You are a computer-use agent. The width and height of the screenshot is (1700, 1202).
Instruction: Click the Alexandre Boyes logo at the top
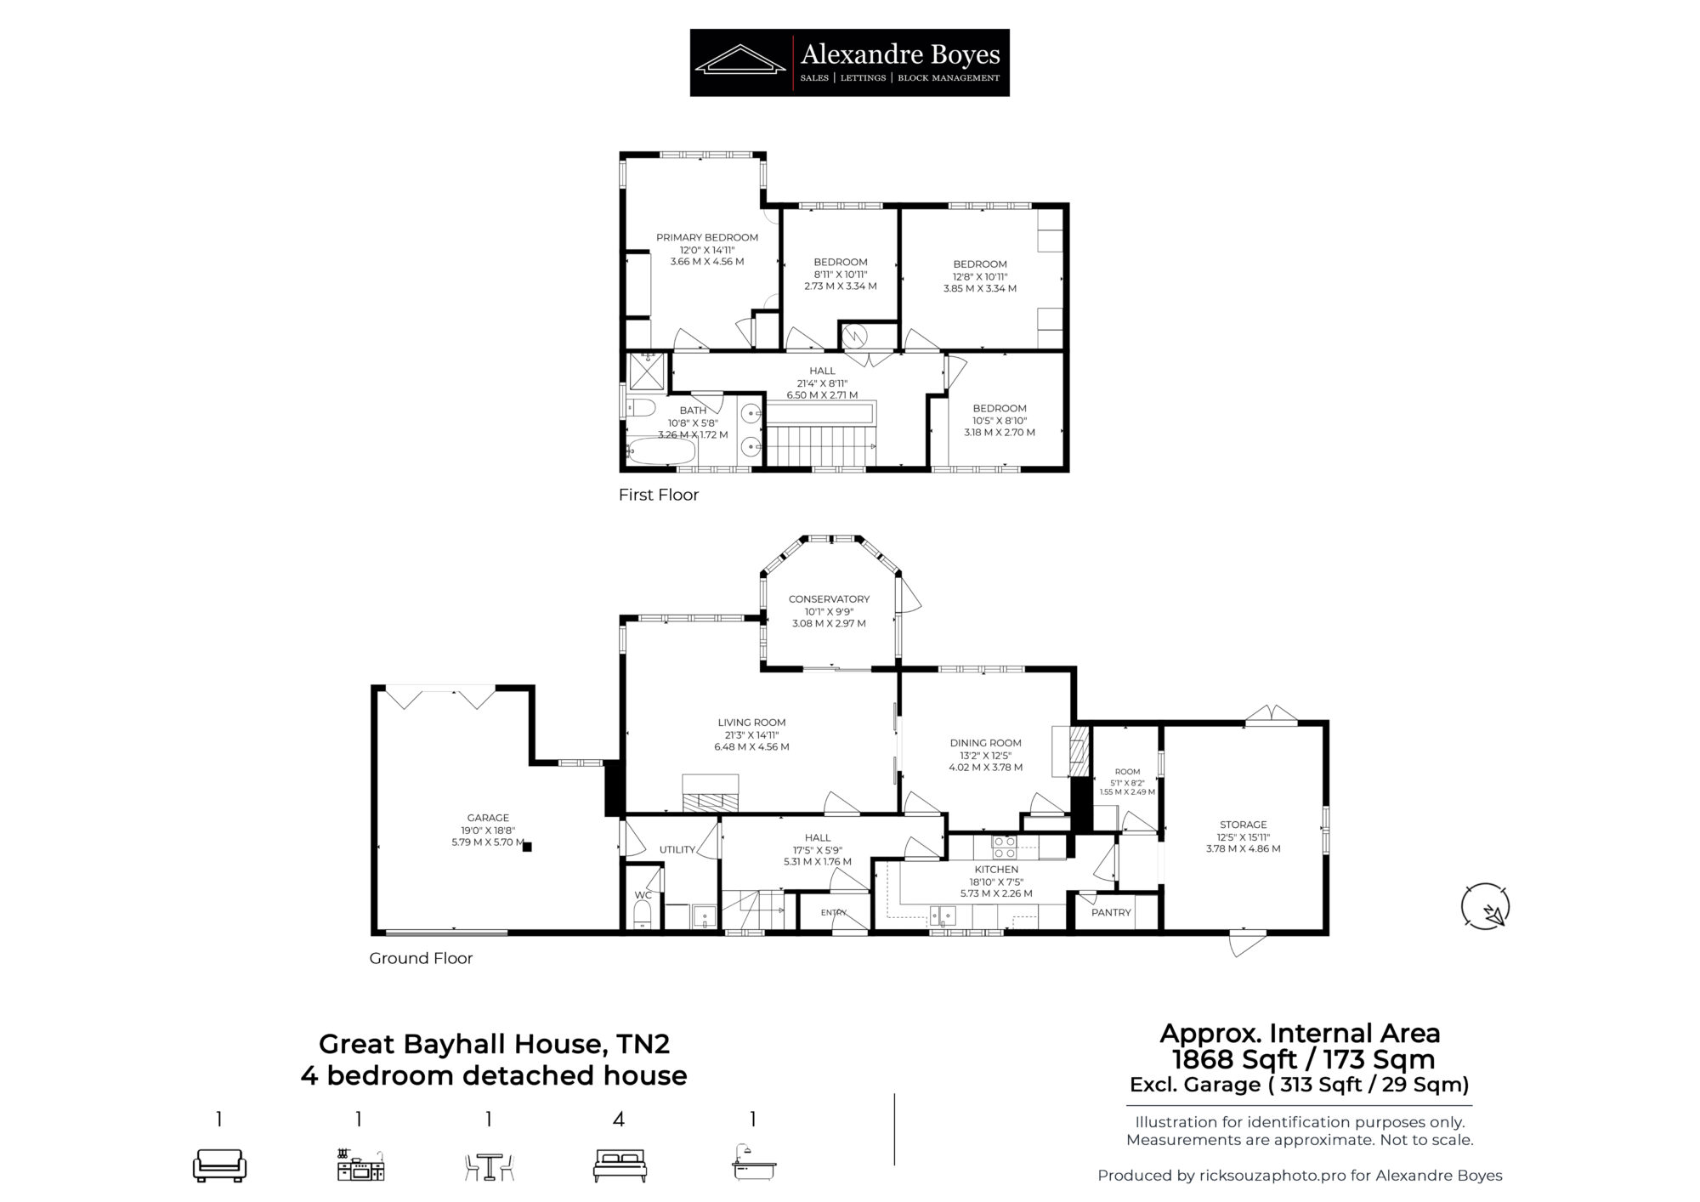coord(849,62)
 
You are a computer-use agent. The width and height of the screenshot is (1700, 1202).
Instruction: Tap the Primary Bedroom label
coord(707,238)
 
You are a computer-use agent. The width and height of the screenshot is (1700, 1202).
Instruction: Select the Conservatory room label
coord(829,598)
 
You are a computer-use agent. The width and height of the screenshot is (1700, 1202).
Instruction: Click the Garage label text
coord(488,818)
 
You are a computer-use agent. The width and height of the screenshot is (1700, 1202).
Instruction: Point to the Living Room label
coord(751,723)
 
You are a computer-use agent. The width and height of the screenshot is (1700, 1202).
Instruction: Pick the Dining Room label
coord(985,742)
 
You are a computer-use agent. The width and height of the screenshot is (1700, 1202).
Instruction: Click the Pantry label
coord(1111,912)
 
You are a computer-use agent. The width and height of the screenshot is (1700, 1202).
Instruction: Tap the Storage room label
coord(1244,825)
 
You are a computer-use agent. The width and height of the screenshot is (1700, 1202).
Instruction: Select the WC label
coord(643,895)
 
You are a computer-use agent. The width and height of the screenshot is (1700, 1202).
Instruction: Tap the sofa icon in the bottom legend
coord(219,1165)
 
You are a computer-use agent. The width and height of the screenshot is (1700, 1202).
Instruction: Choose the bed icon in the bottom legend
coord(619,1165)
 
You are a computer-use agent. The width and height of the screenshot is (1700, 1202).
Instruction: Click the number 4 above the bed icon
coord(619,1120)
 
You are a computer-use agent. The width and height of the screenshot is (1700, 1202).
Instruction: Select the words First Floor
coord(659,495)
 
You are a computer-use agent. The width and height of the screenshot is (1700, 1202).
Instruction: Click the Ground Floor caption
coord(421,958)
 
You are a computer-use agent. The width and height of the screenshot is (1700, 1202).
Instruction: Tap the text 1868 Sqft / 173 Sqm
coord(1303,1060)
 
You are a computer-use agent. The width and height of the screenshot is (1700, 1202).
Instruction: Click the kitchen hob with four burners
coord(1004,848)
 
